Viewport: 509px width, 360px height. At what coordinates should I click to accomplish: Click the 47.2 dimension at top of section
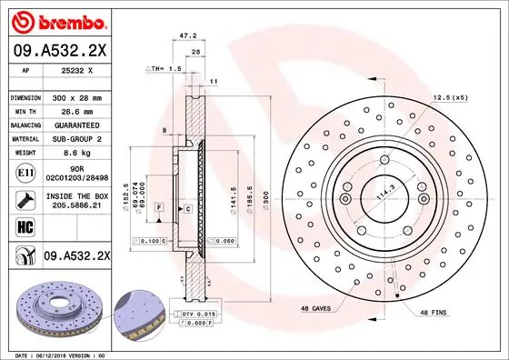pyautogui.click(x=189, y=36)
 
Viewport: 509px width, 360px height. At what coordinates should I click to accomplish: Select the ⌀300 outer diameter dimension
pyautogui.click(x=264, y=195)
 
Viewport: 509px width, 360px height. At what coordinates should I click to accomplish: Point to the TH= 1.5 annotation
pyautogui.click(x=165, y=69)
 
